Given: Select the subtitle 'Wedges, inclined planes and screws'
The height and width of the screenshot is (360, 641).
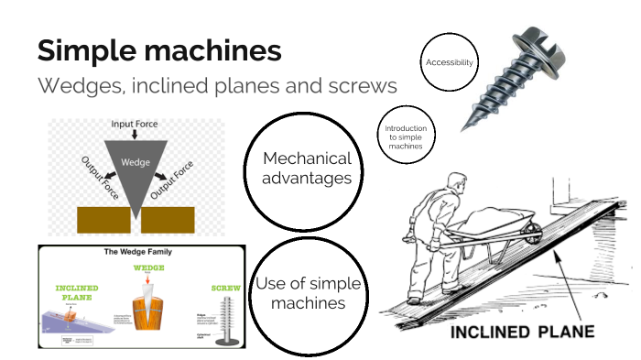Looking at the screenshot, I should tap(217, 87).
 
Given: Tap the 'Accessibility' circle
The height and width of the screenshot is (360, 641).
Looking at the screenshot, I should tap(449, 62).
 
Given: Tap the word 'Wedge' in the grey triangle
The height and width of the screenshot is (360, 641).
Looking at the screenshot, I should tap(135, 162).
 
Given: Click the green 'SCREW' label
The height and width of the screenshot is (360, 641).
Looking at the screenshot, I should tap(225, 288).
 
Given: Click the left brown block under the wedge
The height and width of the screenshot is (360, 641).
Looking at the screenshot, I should tap(102, 220).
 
